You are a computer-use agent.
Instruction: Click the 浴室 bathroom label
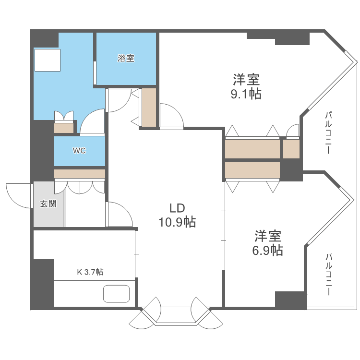[x=126, y=59]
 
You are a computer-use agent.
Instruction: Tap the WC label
[x=79, y=151]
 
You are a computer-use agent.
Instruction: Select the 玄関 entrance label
[x=48, y=204]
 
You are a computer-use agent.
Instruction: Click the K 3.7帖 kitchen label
[x=90, y=272]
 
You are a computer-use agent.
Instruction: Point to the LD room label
[x=177, y=208]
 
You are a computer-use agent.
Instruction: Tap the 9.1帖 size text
[x=246, y=93]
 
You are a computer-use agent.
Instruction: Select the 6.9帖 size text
[x=267, y=250]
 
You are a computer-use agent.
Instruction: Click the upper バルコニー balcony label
[x=328, y=132]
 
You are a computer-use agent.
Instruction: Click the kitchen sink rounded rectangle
[x=117, y=294]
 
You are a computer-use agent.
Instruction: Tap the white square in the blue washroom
[x=47, y=60]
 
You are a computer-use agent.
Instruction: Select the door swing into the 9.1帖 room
[x=171, y=117]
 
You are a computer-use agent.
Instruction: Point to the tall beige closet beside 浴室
[x=149, y=108]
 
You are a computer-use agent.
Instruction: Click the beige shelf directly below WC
[x=79, y=173]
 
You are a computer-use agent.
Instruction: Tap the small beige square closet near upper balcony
[x=291, y=149]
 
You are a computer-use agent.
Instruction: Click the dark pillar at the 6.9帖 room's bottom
[x=290, y=300]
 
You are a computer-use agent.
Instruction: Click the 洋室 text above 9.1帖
[x=246, y=79]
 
